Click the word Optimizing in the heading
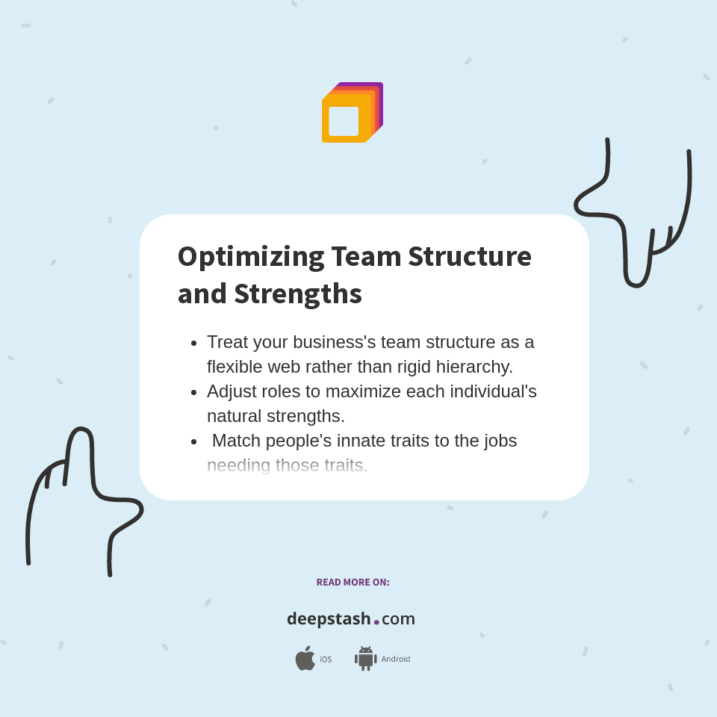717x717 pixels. pos(250,257)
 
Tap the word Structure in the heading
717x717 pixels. pos(469,256)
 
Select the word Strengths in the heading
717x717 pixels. pos(297,294)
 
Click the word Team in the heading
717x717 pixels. pos(366,256)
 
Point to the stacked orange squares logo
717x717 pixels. pos(352,112)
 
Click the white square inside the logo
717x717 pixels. pos(344,121)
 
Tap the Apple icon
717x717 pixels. pos(305,659)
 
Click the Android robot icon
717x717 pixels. pos(365,659)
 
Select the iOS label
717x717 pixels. pos(326,659)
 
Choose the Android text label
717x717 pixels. pos(396,659)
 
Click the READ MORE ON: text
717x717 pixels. pos(353,583)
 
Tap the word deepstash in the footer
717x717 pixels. pos(329,619)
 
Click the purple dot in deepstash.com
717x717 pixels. pos(376,622)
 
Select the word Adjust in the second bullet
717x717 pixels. pos(232,391)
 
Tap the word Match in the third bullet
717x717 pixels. pos(236,441)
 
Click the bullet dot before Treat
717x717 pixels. pos(194,344)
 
